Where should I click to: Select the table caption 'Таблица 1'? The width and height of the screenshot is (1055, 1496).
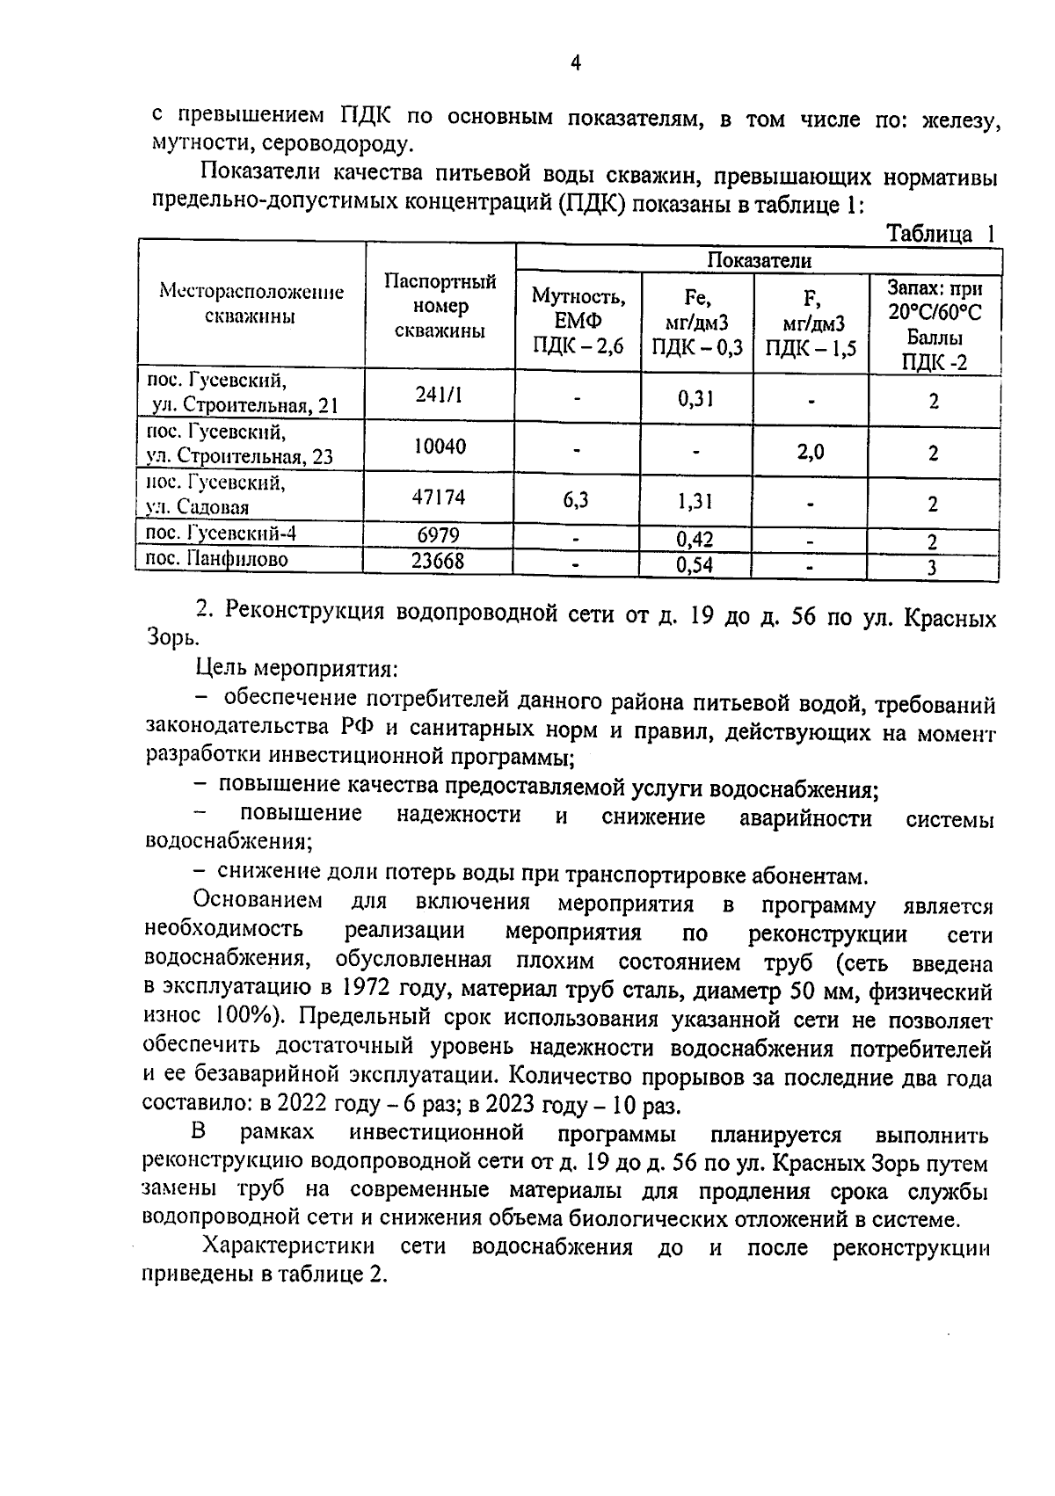(x=939, y=234)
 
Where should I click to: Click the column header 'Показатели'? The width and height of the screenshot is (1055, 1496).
(x=759, y=260)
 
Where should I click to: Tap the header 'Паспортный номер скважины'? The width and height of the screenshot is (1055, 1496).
(x=440, y=306)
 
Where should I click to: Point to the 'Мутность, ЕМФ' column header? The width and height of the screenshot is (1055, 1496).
(x=578, y=321)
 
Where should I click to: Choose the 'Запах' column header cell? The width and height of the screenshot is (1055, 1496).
(x=934, y=324)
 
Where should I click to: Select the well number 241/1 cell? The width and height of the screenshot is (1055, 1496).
(x=439, y=396)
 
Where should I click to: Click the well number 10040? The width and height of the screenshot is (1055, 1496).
(x=439, y=447)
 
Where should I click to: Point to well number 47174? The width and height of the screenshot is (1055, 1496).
(x=439, y=498)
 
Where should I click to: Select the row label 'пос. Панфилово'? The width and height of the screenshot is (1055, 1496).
(x=216, y=559)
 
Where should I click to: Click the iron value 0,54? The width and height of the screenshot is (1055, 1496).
(x=695, y=564)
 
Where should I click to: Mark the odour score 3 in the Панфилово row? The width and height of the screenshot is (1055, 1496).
(x=932, y=568)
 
